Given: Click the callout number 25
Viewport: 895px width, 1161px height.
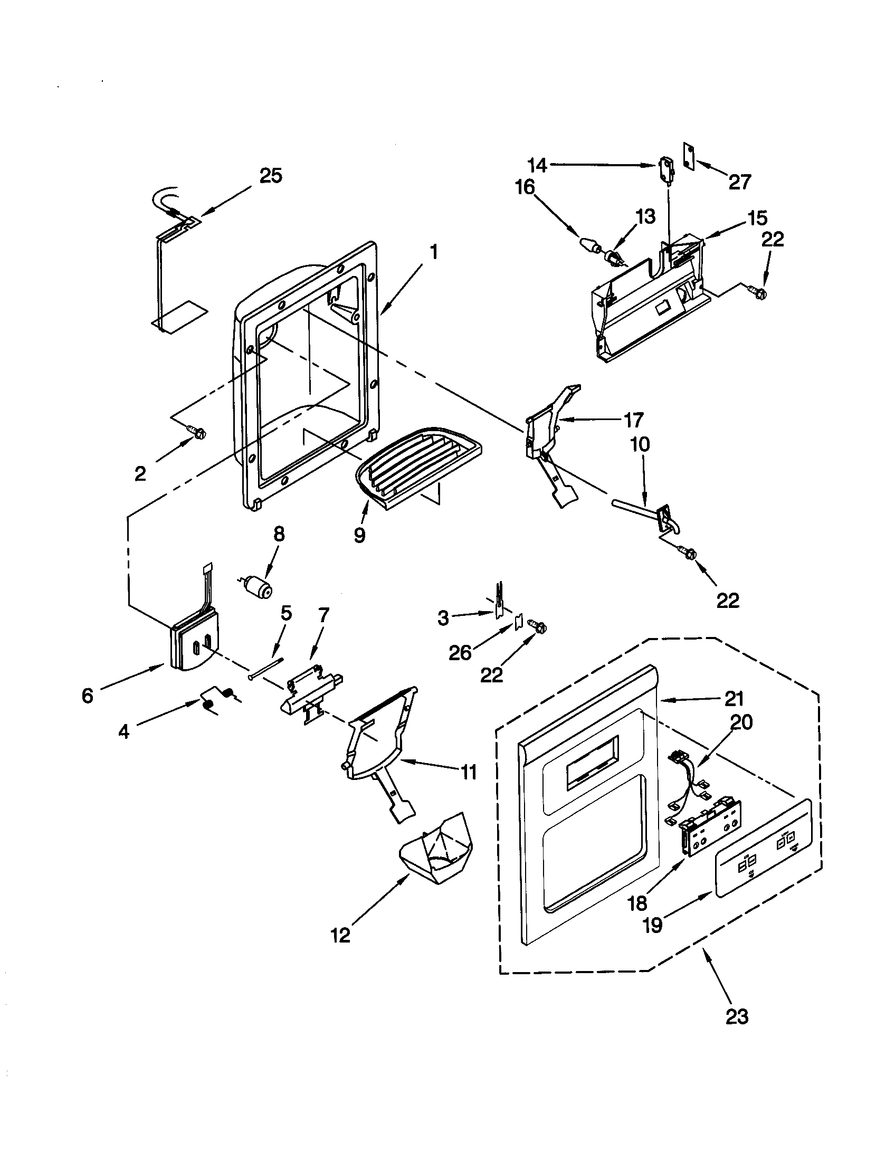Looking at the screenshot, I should coord(271,176).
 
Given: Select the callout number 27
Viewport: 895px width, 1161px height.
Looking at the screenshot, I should coord(739,183).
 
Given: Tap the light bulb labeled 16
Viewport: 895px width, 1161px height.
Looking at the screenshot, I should coord(590,245).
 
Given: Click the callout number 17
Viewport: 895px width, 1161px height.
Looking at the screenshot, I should coord(633,420).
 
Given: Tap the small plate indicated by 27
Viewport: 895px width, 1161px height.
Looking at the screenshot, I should coord(689,155).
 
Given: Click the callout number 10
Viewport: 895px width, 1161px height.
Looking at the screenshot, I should coord(641,444).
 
